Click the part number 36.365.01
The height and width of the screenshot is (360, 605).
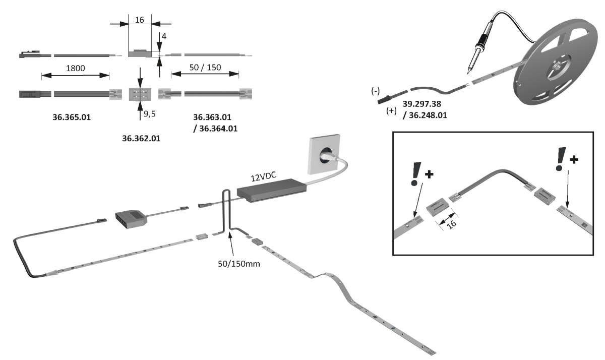[x=71, y=117]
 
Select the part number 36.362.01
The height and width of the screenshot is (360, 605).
[x=141, y=137]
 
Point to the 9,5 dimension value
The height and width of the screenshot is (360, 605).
[x=150, y=114]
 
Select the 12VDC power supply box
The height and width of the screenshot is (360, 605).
[x=272, y=192]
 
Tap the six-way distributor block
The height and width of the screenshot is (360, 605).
[x=133, y=218]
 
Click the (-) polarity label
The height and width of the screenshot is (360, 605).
[x=376, y=91]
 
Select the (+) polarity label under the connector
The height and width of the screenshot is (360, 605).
[x=392, y=111]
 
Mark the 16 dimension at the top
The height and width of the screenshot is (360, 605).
[x=140, y=20]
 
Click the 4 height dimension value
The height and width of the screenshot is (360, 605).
[x=164, y=36]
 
